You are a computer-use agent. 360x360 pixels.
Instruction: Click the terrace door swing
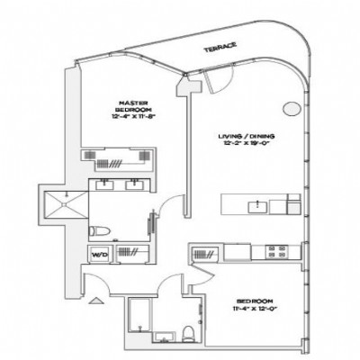pos(214,85)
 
